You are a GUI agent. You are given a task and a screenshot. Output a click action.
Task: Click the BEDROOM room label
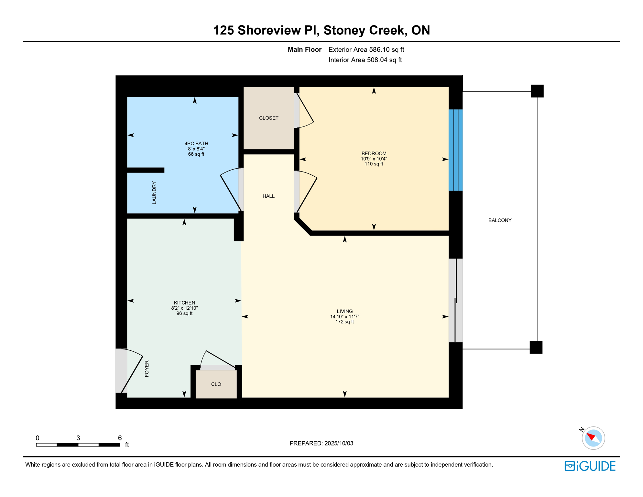(x=374, y=153)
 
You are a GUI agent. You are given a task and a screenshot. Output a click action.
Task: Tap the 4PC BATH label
(x=196, y=143)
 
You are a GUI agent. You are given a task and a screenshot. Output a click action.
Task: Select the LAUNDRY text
(x=154, y=193)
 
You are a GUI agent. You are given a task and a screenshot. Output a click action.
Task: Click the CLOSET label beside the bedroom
(x=268, y=118)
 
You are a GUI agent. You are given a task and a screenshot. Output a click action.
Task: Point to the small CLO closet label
(x=216, y=384)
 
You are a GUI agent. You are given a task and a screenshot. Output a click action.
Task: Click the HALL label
(x=268, y=196)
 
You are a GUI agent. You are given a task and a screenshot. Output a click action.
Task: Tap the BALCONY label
(x=499, y=220)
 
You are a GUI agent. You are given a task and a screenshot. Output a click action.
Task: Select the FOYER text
(x=147, y=369)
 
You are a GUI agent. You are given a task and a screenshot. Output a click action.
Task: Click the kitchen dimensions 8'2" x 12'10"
(x=184, y=308)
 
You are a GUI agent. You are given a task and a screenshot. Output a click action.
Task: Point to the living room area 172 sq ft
(x=344, y=322)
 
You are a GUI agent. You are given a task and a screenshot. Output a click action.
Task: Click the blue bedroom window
(x=455, y=150)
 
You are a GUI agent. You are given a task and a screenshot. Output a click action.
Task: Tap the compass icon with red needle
(x=593, y=438)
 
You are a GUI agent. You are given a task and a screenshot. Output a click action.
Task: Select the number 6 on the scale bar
(x=120, y=438)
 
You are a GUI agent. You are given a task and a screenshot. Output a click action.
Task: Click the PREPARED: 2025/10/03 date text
(x=321, y=443)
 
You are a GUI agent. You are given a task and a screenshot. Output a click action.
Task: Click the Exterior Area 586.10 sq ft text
(x=366, y=50)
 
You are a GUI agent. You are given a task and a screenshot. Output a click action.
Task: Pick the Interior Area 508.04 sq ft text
(x=365, y=60)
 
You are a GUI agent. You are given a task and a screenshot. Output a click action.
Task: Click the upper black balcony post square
(x=537, y=91)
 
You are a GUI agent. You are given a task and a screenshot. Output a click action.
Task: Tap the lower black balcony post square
(x=536, y=347)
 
